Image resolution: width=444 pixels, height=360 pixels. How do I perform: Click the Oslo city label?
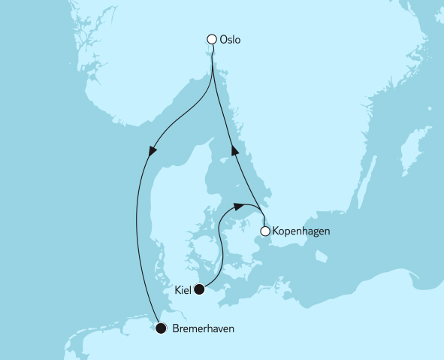tap(230, 40)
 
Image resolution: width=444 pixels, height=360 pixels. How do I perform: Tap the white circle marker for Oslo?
tap(213, 40)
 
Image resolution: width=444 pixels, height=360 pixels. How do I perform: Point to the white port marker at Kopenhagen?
tap(264, 231)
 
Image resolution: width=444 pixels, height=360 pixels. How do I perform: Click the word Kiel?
tap(182, 289)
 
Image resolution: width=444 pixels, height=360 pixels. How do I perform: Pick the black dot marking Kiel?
tap(199, 289)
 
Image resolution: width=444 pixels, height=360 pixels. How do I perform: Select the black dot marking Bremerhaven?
tap(161, 328)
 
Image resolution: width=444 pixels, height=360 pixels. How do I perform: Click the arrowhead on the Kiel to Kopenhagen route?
tap(239, 205)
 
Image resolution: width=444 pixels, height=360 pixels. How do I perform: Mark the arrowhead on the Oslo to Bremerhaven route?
tap(153, 152)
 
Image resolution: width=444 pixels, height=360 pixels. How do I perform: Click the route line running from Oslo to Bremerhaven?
tap(137, 225)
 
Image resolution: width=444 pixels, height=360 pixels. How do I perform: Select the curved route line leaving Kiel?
tap(220, 248)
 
